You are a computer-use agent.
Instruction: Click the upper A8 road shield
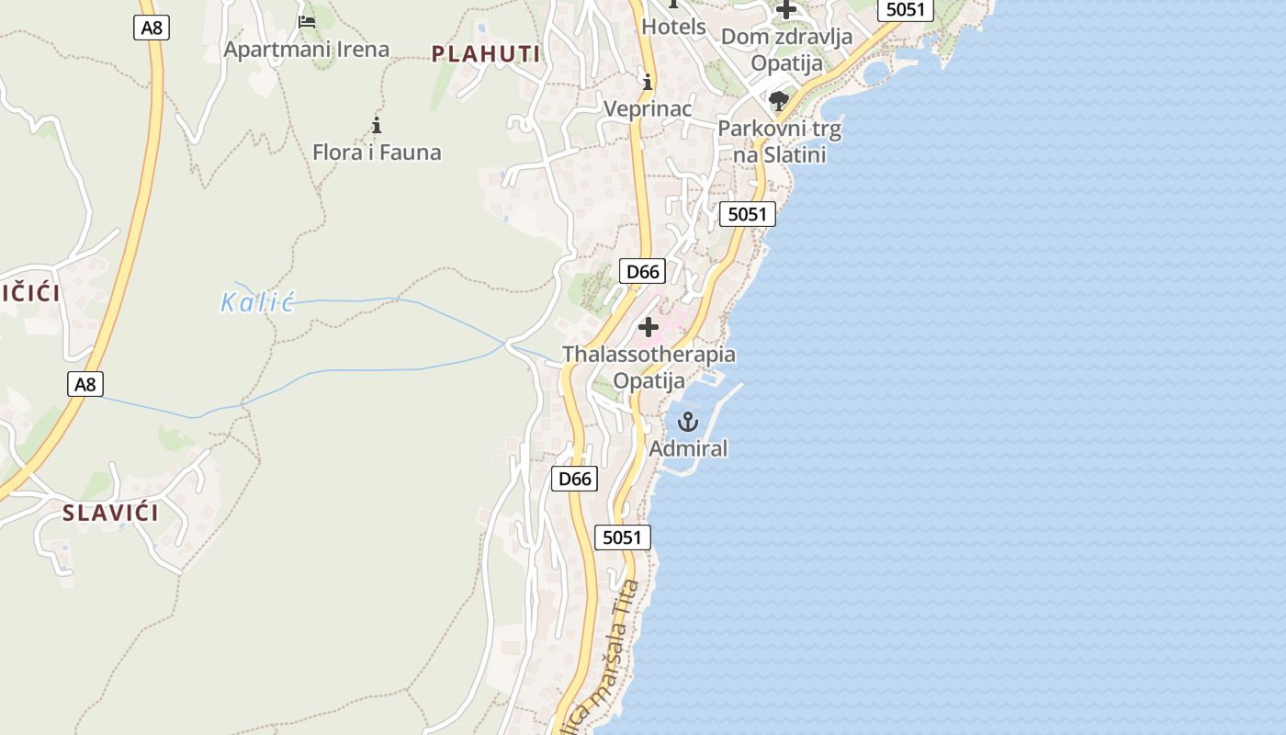point(152,28)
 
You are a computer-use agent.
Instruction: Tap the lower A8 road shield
point(85,384)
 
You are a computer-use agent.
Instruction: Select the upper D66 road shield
point(641,271)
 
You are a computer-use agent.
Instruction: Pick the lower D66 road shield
point(575,479)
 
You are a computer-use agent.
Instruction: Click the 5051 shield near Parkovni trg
point(747,214)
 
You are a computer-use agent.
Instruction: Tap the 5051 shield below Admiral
point(622,537)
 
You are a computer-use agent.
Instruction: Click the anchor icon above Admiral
point(687,422)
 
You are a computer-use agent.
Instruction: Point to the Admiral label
point(688,448)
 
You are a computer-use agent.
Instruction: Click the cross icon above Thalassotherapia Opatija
point(649,326)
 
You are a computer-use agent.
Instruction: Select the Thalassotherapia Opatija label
point(649,367)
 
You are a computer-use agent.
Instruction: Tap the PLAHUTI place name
point(486,54)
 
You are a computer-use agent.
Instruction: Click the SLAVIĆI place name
point(110,513)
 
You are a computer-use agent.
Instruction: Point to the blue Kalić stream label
point(257,302)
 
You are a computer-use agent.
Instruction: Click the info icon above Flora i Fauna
point(376,125)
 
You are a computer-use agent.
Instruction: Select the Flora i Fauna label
point(377,152)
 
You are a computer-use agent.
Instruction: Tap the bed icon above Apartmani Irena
point(307,21)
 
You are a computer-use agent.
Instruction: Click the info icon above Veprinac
point(648,83)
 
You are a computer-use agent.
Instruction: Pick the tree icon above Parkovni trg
point(779,100)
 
